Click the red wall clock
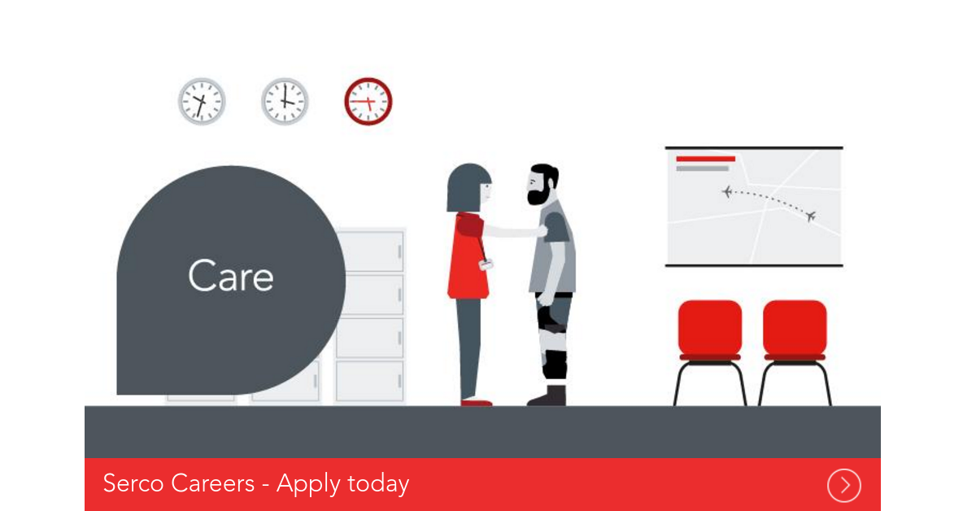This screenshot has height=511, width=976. click(x=368, y=102)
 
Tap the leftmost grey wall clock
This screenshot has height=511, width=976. click(x=202, y=102)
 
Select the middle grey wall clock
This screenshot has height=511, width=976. click(x=285, y=102)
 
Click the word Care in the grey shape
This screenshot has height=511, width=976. click(x=231, y=277)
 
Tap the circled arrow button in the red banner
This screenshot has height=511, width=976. click(x=844, y=486)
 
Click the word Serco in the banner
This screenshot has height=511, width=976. click(x=133, y=483)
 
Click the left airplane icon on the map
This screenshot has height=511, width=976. click(x=726, y=191)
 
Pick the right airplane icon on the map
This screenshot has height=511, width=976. click(x=810, y=216)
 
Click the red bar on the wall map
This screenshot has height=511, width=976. click(x=705, y=159)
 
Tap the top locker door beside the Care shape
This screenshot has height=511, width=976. click(x=370, y=251)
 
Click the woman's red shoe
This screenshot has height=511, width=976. click(x=476, y=402)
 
